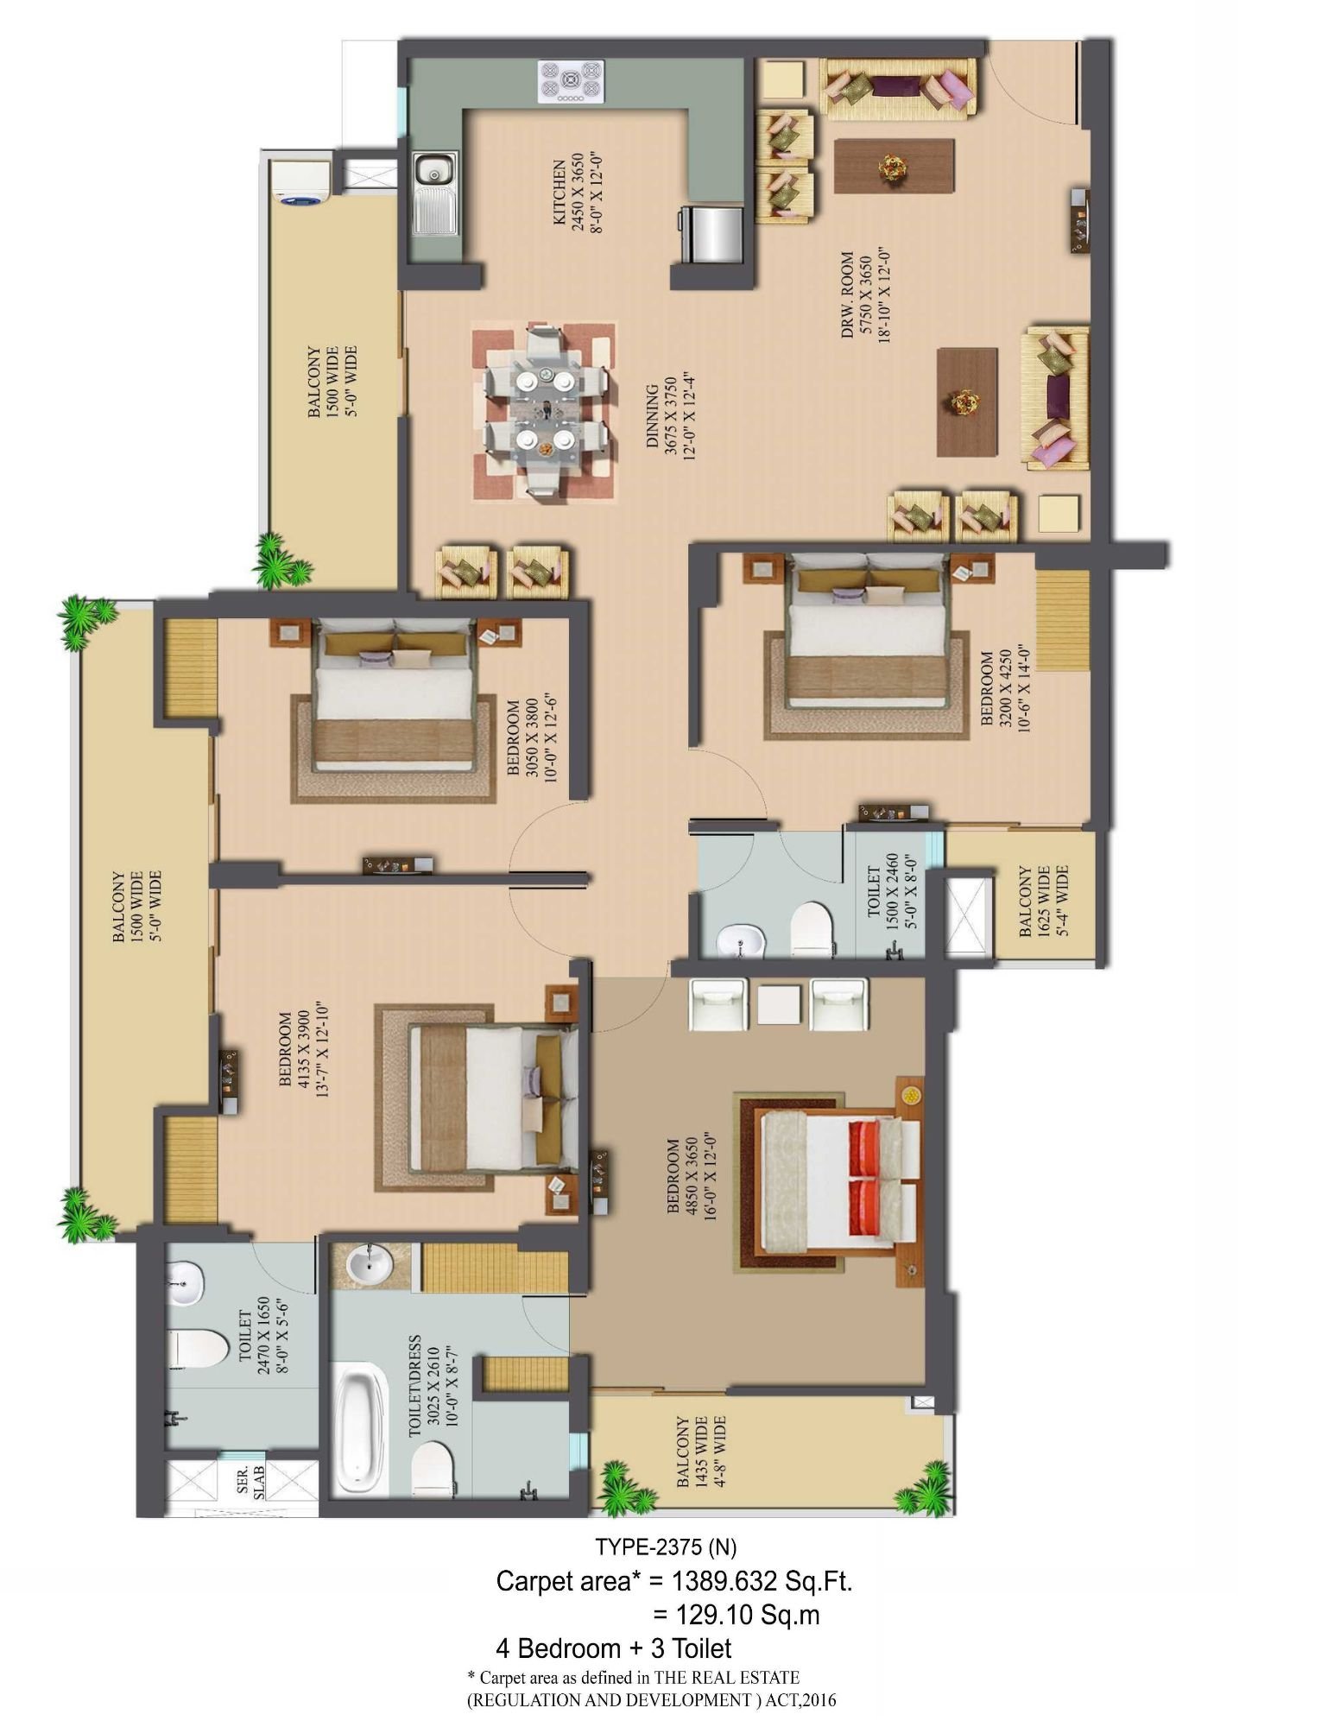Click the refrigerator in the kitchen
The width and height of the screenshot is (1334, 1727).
[711, 233]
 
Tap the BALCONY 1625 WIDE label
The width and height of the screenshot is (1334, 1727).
[1043, 901]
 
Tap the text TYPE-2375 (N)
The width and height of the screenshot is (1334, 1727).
[666, 1546]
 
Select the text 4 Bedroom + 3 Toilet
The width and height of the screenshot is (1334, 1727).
[614, 1648]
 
